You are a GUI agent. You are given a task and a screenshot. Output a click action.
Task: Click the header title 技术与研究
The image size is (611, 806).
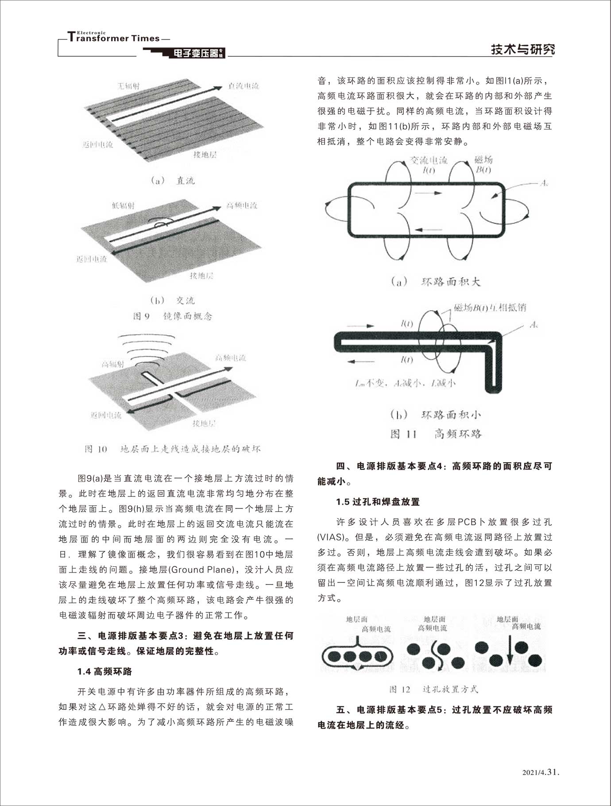tap(522, 49)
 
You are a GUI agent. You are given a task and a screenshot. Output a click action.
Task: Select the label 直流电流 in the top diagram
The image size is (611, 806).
tap(244, 86)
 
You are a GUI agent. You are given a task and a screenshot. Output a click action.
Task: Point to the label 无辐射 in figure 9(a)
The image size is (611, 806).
tap(128, 86)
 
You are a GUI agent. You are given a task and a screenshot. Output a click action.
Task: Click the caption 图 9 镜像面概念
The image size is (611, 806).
tap(173, 316)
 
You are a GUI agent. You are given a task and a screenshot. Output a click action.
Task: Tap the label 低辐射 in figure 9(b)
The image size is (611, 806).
tap(124, 205)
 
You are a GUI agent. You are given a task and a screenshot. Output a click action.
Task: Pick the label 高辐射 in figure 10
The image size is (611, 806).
tap(113, 364)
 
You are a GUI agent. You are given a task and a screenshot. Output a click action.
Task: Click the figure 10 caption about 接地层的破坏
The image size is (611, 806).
tap(173, 449)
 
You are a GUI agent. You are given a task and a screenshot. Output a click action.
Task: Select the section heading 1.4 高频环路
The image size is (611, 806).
tap(104, 671)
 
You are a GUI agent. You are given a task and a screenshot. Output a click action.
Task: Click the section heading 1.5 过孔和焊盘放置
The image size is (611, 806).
tap(378, 502)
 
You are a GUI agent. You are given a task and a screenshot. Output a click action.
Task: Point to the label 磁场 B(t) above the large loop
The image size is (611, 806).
tap(483, 165)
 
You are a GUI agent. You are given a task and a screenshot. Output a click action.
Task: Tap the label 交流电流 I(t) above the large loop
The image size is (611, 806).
tap(428, 165)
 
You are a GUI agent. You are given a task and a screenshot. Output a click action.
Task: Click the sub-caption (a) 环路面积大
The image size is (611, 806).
tap(436, 282)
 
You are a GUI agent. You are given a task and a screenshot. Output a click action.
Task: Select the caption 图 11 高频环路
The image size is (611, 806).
tap(436, 434)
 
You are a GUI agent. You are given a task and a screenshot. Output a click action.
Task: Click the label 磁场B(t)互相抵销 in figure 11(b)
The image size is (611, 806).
tap(490, 307)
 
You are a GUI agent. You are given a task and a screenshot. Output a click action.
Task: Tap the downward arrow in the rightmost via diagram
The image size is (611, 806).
tap(510, 652)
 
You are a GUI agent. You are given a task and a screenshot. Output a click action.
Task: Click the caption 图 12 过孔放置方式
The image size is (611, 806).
tap(433, 689)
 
